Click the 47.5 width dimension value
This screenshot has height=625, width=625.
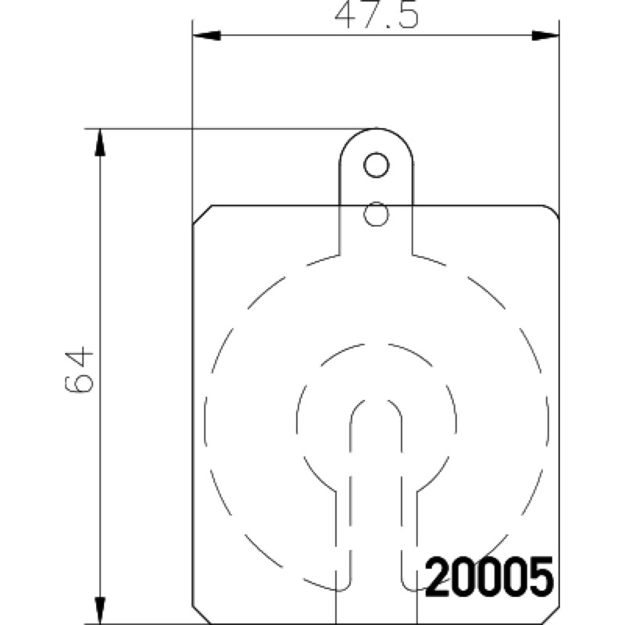coord(377,16)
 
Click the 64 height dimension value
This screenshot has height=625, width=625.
coord(79,370)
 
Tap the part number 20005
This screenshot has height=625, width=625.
coord(490,577)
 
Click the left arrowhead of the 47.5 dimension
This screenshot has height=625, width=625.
coord(206,35)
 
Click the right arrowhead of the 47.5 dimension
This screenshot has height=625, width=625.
coord(545,35)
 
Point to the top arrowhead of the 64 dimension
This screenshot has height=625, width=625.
coord(100,143)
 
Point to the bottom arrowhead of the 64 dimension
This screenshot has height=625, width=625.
coord(100,611)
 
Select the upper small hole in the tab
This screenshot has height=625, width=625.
coord(376,165)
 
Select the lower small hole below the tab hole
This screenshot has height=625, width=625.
coord(376,214)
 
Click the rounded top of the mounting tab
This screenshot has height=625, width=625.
coord(376,128)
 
